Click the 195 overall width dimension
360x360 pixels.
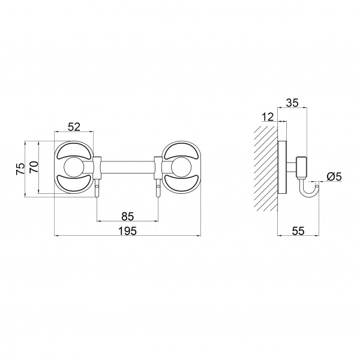[x=127, y=231]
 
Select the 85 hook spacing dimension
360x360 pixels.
[x=127, y=217]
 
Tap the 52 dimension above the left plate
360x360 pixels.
[x=74, y=127]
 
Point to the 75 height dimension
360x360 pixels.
[x=20, y=169]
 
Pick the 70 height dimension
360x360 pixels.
[x=34, y=167]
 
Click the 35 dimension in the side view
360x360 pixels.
[x=292, y=103]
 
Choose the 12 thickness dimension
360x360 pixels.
[x=268, y=117]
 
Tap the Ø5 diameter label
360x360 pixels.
[x=334, y=177]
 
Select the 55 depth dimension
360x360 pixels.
[x=298, y=231]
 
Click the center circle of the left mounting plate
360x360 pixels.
[x=74, y=167]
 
